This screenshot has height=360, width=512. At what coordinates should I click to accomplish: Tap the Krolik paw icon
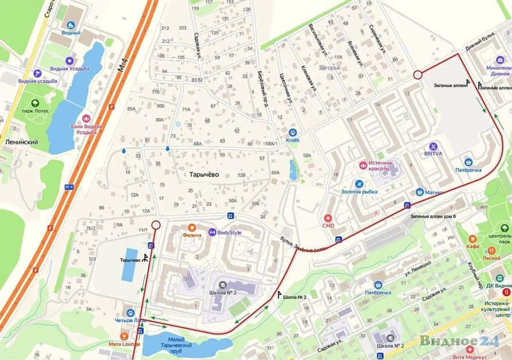coord(293,133)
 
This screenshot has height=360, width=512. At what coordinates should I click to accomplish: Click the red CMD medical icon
coord(328,218)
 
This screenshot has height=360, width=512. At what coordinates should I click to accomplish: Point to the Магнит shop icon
coord(419,192)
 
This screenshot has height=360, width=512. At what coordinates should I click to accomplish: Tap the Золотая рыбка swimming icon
coord(359,184)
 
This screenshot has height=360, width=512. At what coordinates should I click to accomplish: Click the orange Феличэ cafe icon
coord(191,227)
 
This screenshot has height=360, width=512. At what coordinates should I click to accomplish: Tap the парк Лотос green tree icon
coord(35,103)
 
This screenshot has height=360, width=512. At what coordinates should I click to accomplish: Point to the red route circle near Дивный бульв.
coord(417,74)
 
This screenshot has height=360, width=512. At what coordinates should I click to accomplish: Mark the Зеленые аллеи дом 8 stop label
coord(433,216)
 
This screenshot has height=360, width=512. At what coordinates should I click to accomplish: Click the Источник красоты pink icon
coord(363,165)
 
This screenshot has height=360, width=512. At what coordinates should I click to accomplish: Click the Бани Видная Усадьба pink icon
coord(86,118)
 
